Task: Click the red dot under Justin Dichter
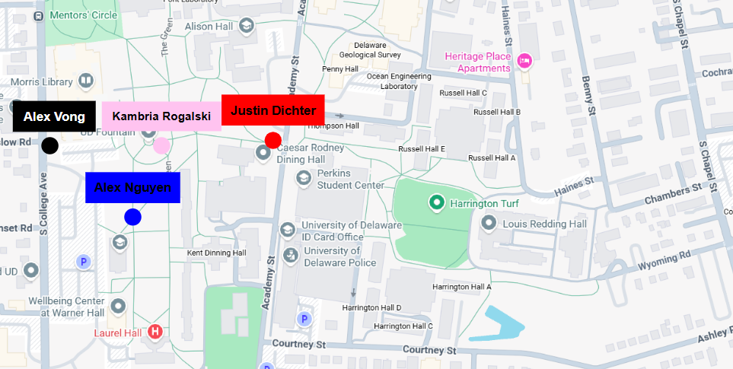point(272,140)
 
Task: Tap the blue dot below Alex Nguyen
point(133,217)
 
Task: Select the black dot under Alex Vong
point(49,146)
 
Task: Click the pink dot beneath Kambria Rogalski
point(161,145)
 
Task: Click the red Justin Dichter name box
point(272,110)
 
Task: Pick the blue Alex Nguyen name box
point(132,188)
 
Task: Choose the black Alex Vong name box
point(54,116)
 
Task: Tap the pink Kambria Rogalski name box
point(161,116)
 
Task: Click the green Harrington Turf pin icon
point(436,203)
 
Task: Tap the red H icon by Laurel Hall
point(155,331)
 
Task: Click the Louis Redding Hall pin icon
point(489,224)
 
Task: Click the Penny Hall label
point(339,69)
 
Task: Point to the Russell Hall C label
point(463,93)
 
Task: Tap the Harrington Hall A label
point(461,287)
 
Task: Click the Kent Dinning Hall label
point(217,253)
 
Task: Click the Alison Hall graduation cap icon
point(246,27)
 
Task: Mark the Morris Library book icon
point(85,80)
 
